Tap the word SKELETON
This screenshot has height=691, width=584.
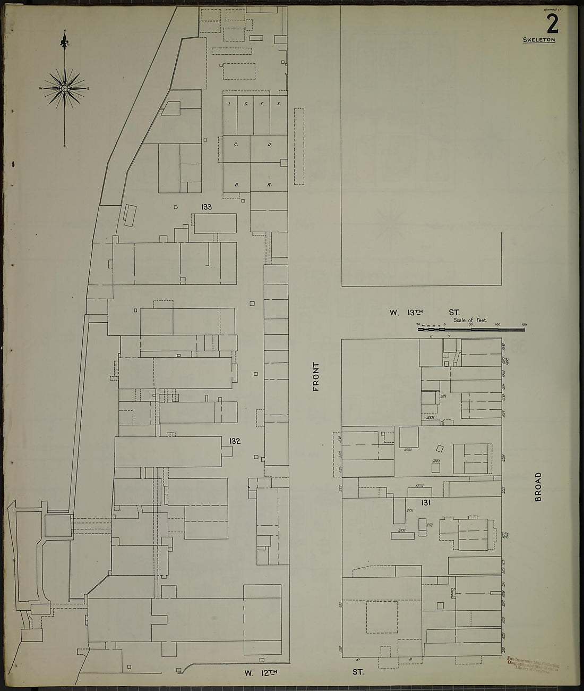[x=539, y=40]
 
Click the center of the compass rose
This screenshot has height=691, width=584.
[x=65, y=88]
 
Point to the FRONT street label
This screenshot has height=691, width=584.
[x=315, y=377]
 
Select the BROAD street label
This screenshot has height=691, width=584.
[x=538, y=487]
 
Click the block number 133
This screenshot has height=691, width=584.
[x=207, y=207]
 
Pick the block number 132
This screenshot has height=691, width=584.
[x=235, y=441]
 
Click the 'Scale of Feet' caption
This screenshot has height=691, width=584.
[x=470, y=321]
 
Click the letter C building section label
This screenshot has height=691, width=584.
[x=235, y=145]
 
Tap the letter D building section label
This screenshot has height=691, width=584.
[x=269, y=145]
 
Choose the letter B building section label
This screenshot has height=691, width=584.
[x=236, y=185]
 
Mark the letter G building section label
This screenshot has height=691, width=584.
[x=246, y=104]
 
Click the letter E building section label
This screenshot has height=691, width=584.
[x=278, y=104]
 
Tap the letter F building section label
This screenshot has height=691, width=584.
[x=262, y=104]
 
